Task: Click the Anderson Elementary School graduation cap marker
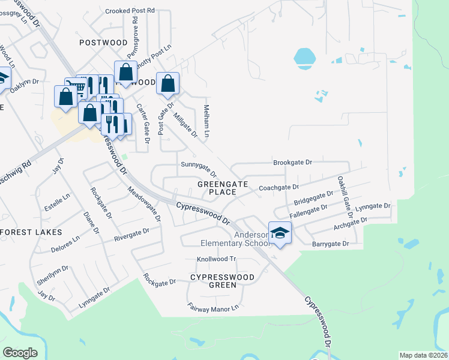coord(280,232)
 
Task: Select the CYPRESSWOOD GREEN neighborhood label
coord(222,281)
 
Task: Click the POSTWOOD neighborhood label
coord(103,43)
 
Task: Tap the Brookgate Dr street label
coord(292,163)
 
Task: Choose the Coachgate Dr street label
coord(278,188)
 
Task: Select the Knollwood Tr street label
coord(217,260)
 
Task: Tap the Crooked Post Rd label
coord(130,11)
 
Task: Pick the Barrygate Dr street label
coord(330,244)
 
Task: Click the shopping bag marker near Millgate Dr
coord(167,83)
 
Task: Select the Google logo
coord(20,352)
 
